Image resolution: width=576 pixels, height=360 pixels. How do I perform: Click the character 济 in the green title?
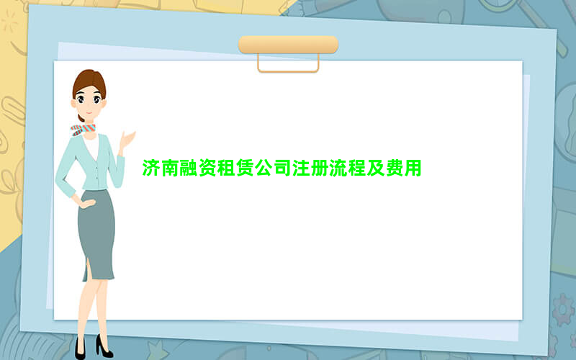[151, 168]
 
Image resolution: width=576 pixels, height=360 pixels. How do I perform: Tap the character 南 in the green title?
[170, 168]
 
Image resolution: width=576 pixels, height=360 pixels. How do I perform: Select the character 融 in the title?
[189, 168]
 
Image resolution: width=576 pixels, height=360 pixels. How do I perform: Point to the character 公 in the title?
[264, 168]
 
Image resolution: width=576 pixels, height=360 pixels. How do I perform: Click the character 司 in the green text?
[282, 168]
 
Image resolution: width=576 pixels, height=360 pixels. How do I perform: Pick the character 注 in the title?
[301, 168]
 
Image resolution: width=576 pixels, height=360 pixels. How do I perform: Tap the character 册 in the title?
[320, 168]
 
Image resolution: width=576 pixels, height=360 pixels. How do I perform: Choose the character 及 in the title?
[375, 168]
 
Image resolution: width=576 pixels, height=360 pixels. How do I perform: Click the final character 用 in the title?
[413, 168]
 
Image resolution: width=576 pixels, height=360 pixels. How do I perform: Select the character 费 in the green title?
[394, 168]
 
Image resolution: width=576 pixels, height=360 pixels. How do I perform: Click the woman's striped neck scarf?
[83, 130]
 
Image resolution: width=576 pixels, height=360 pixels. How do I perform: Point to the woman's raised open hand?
[127, 140]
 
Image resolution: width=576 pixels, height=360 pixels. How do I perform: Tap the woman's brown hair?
[89, 83]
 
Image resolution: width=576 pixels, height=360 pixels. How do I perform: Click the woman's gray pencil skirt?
[96, 233]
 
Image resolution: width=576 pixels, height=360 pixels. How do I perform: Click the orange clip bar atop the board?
[289, 45]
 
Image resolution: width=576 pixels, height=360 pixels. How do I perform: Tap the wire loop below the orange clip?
[288, 71]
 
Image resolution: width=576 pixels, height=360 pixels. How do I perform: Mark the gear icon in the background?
[562, 310]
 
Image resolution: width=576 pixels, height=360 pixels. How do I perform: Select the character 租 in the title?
[226, 168]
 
